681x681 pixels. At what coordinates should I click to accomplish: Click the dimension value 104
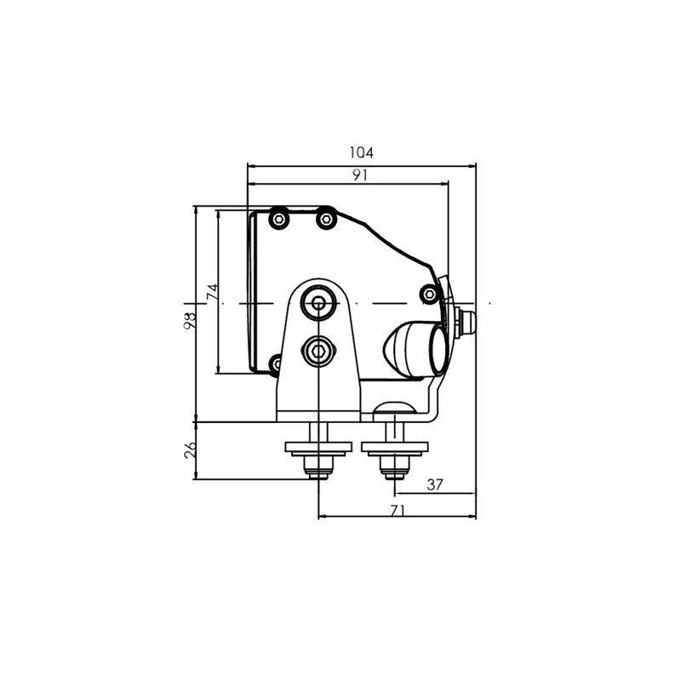[361, 152]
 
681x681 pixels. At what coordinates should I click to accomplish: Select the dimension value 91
[360, 175]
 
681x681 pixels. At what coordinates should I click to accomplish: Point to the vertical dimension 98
[190, 321]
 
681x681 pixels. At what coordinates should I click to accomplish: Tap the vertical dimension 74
[212, 291]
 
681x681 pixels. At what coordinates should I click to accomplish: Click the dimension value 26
[190, 450]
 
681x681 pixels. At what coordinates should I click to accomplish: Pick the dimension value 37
[435, 484]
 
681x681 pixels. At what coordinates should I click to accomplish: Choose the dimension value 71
[398, 510]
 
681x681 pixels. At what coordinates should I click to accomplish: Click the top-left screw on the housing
[279, 220]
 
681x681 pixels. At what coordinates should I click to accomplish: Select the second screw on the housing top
[326, 219]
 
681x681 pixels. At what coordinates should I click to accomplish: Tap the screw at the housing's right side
[430, 294]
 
